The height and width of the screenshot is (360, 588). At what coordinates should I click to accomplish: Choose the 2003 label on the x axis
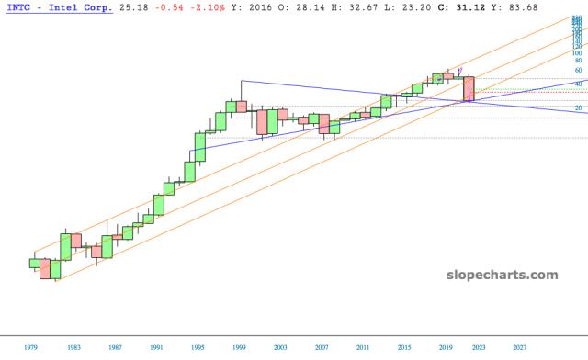[x=279, y=348]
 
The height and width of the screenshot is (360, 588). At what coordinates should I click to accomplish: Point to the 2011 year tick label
[x=363, y=348]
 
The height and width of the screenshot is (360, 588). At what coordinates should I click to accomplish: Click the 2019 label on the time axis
[x=447, y=348]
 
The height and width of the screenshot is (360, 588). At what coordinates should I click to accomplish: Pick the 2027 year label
[x=520, y=348]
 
